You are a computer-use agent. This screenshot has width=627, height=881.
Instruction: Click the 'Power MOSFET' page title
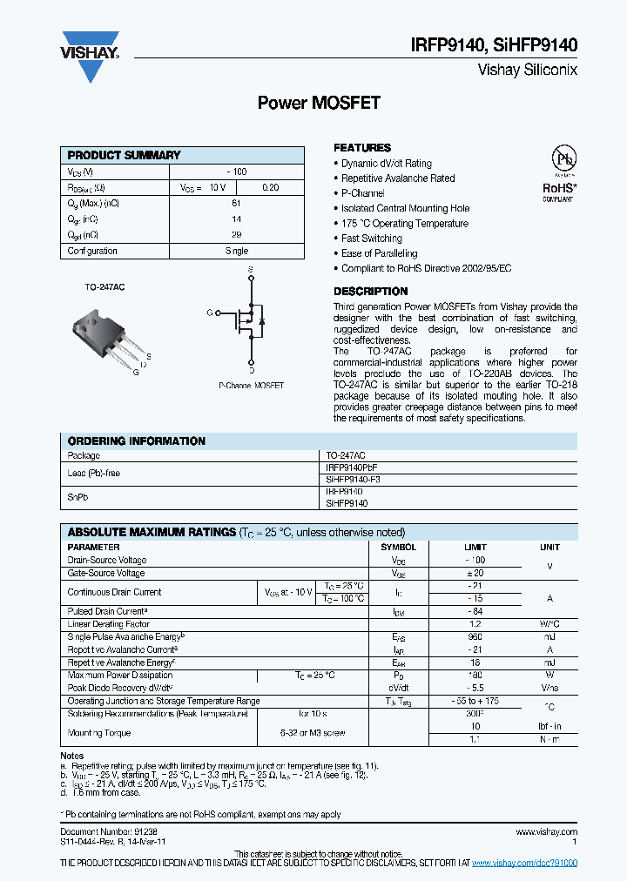(x=319, y=103)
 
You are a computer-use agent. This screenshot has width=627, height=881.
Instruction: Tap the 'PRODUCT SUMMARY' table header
(x=124, y=155)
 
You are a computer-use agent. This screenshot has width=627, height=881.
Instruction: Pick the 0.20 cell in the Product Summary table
(x=271, y=187)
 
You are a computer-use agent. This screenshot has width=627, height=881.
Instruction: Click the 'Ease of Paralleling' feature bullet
(x=379, y=253)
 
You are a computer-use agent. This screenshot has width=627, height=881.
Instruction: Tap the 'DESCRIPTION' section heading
(x=370, y=292)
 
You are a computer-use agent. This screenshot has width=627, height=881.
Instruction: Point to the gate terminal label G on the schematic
(x=209, y=312)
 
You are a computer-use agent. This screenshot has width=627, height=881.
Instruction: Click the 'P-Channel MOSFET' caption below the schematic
(x=251, y=385)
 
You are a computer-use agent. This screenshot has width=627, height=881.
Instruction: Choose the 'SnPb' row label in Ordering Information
(x=78, y=498)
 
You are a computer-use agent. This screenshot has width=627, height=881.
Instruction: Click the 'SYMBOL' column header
(x=399, y=547)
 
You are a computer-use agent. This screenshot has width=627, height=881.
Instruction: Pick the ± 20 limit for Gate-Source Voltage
(x=475, y=573)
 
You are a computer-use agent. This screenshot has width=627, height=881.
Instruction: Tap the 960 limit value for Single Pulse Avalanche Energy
(x=475, y=637)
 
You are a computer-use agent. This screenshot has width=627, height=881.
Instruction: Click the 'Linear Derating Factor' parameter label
(x=108, y=624)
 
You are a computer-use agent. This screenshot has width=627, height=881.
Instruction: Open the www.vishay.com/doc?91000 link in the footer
(x=524, y=862)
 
